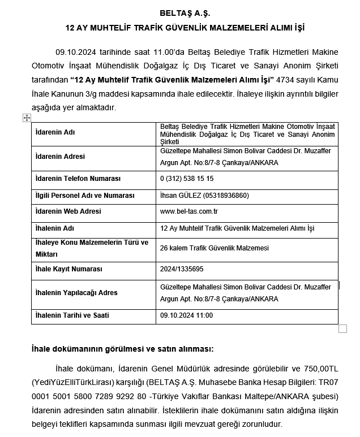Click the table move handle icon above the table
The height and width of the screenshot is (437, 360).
tap(27, 118)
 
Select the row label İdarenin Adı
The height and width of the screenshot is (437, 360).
tap(55, 132)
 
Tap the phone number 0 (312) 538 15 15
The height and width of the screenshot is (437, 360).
tap(187, 179)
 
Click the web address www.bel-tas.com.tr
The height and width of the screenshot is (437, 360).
tap(189, 211)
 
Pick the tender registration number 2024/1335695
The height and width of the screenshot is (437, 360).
tap(182, 269)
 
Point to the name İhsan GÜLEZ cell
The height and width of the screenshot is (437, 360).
tap(204, 196)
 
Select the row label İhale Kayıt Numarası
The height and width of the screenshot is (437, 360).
tap(68, 269)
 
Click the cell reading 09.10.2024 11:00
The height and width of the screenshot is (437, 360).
tap(186, 315)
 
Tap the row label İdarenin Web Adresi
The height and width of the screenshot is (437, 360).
tap(68, 211)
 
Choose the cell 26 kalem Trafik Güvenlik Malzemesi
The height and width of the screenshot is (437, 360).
tap(215, 248)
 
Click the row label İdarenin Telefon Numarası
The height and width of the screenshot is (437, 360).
tap(78, 179)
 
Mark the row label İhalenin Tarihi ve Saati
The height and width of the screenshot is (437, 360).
tap(72, 315)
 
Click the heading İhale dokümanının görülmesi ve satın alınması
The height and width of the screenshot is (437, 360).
tap(122, 349)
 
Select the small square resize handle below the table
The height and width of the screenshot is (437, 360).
tap(342, 328)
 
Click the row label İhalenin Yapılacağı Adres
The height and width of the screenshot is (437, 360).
tap(76, 293)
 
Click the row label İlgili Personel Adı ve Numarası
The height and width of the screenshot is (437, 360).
tap(85, 196)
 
